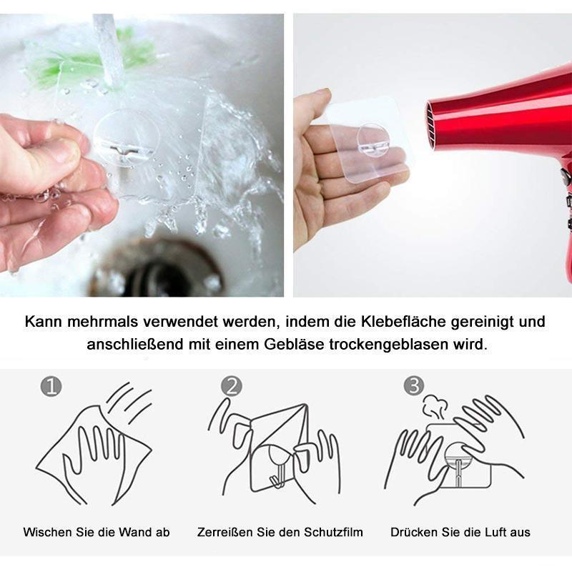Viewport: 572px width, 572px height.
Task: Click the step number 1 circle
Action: click(x=51, y=386)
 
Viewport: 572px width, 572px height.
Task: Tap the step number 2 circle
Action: click(x=231, y=386)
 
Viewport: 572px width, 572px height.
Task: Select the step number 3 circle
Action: click(x=414, y=386)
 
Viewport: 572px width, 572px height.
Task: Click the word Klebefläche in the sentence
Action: click(x=403, y=322)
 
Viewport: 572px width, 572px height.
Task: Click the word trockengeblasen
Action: click(x=389, y=345)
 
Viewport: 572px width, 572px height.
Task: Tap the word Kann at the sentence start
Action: click(x=44, y=322)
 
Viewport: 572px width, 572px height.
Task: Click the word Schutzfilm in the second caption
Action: click(x=333, y=532)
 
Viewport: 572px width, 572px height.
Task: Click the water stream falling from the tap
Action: click(x=109, y=47)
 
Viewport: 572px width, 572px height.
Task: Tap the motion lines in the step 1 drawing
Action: click(x=129, y=401)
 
